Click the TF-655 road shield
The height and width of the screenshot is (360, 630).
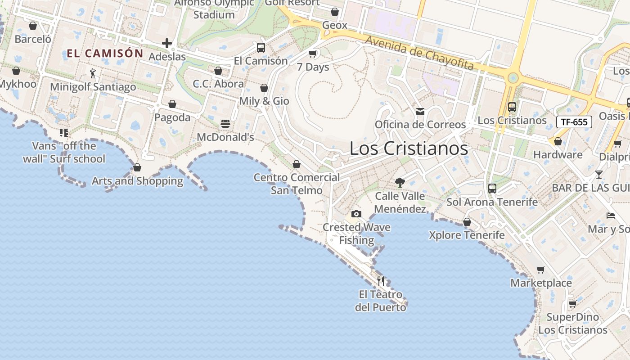coord(574,121)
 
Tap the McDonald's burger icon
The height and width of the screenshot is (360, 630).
coord(225,124)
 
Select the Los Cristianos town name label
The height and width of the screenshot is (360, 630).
coord(409,148)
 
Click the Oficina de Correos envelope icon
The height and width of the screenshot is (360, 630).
coord(420,112)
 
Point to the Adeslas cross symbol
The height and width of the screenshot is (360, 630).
coord(167,43)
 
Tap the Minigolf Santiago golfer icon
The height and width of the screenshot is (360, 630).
coord(93,73)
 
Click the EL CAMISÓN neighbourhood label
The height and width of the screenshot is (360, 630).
coord(105,54)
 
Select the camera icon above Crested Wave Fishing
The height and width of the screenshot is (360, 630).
coord(356,214)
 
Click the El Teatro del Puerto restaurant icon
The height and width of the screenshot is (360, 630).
coord(381,281)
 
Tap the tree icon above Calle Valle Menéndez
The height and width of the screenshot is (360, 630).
coord(400,182)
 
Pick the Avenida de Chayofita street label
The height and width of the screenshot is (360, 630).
coord(419,53)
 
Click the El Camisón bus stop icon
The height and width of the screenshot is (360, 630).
coord(261,47)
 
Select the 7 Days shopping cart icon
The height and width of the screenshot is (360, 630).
coord(312,54)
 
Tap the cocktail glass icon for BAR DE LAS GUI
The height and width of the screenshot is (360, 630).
coord(598,175)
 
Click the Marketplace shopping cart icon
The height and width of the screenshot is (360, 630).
coord(541,270)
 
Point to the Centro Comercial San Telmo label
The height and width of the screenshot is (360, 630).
coord(297,184)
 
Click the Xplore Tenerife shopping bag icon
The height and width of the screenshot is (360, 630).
coord(467,222)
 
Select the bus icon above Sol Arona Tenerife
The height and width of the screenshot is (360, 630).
coord(492,189)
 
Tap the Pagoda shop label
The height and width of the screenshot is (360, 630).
coord(172,117)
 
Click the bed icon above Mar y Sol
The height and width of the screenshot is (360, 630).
coord(611,216)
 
